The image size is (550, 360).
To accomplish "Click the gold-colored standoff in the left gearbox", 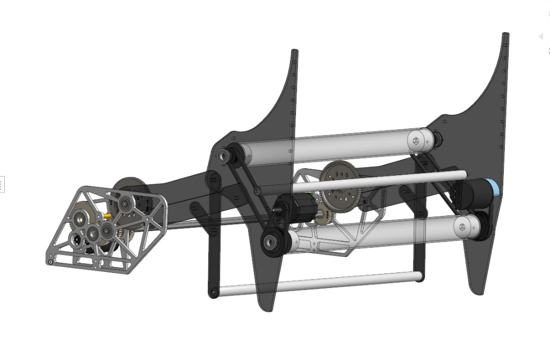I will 108,215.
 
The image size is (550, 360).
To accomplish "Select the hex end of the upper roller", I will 416,140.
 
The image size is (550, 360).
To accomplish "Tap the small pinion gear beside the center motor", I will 322,218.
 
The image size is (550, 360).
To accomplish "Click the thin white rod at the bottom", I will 317,283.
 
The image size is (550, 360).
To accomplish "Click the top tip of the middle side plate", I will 294,52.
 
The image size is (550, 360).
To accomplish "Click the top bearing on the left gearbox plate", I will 125,203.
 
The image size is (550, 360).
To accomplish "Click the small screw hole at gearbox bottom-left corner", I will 50,262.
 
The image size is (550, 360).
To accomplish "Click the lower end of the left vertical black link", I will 213,292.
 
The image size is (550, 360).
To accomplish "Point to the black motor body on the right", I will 473,192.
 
